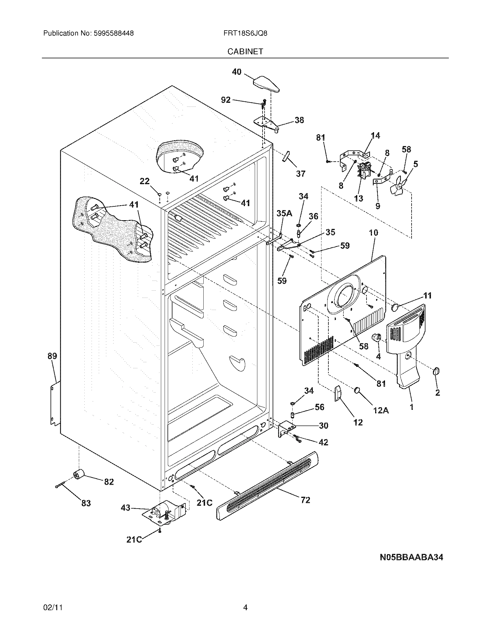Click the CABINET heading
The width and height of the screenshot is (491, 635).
(245, 51)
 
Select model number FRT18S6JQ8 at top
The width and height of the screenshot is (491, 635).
(245, 33)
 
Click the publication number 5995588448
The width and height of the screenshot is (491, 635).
(114, 33)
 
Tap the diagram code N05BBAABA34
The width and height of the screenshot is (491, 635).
(411, 557)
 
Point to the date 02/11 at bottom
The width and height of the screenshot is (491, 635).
(53, 607)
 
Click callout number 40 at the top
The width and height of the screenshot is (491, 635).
(237, 72)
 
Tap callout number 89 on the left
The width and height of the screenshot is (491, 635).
(52, 356)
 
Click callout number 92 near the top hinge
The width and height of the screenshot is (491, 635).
(226, 100)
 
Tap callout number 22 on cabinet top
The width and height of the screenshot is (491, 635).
(145, 181)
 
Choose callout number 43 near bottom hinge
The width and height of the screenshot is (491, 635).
(126, 508)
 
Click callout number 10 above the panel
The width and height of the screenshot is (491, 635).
(374, 232)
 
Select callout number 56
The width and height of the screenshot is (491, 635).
(319, 407)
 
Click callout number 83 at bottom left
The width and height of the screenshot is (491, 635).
(86, 503)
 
